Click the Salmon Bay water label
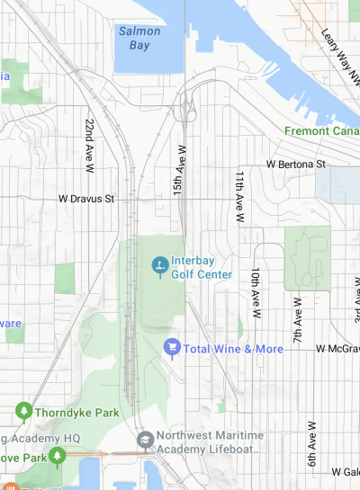coord(139,38)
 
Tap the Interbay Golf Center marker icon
coord(159,266)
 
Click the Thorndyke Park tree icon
coord(23,413)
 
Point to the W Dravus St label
coord(86,198)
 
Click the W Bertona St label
coord(295,165)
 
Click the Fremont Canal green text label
coord(321,130)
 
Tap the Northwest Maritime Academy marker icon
coord(145,441)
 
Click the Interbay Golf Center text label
coord(202,267)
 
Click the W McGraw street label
coord(337,349)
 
